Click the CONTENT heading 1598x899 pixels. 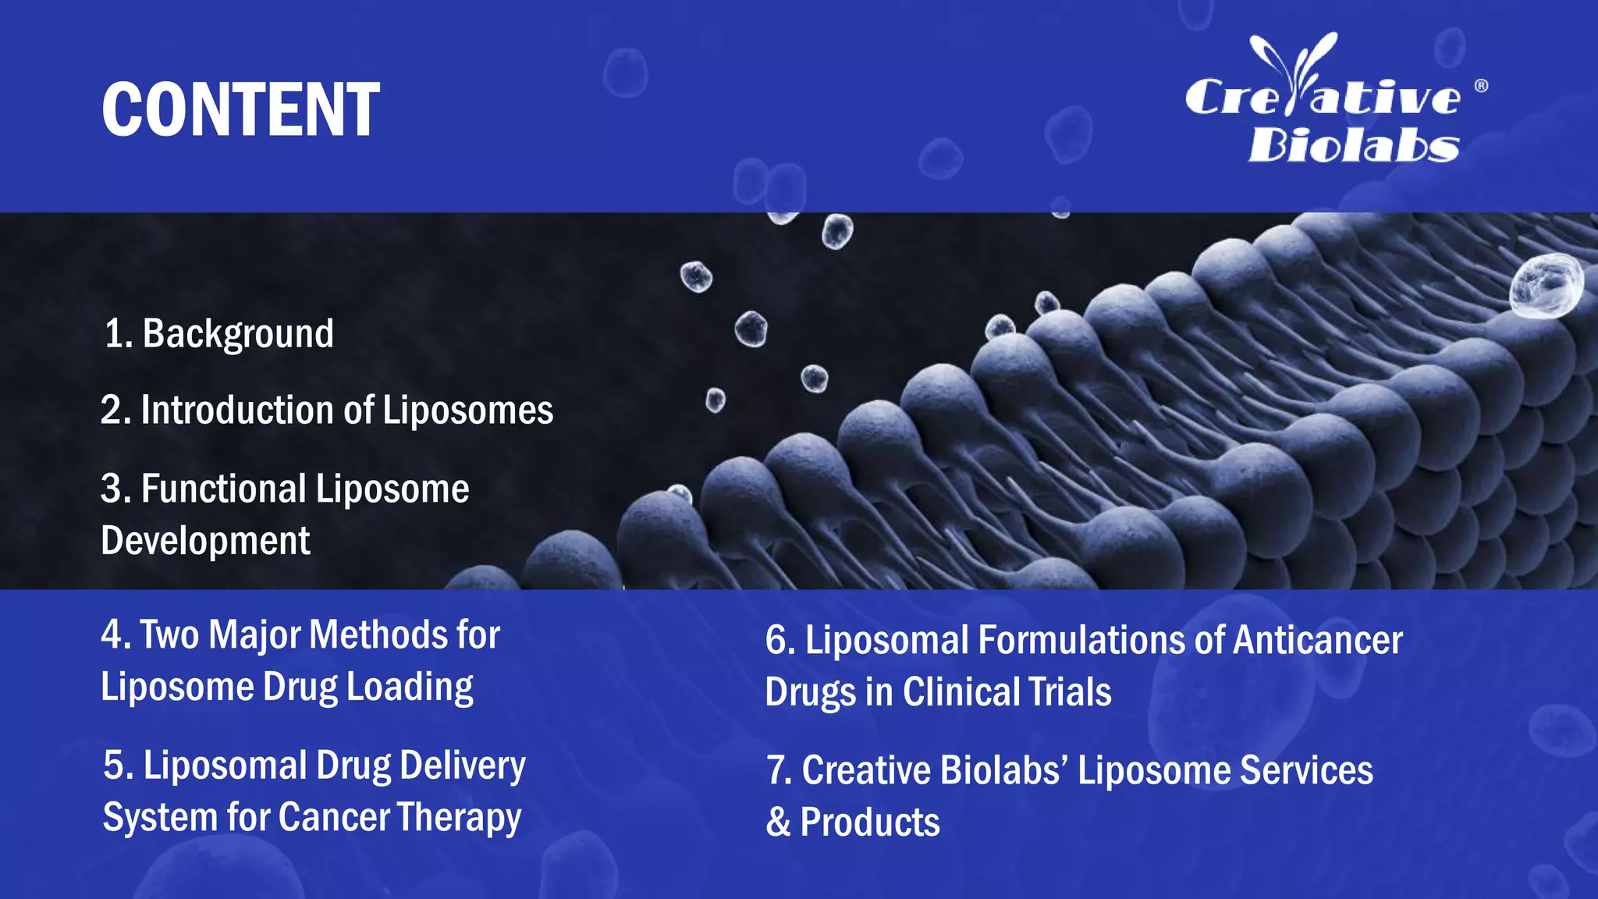coord(240,110)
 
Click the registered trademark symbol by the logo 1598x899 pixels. coord(1481,86)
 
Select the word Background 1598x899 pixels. coord(238,334)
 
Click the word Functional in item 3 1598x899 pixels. coord(223,489)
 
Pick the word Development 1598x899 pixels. coord(205,541)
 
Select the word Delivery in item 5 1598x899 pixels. coord(462,766)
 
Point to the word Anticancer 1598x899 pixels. coord(1317,641)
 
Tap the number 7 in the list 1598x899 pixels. coord(777,771)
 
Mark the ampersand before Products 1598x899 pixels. coord(778,823)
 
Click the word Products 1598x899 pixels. coord(870,823)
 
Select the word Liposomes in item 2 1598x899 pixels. coord(467,410)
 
